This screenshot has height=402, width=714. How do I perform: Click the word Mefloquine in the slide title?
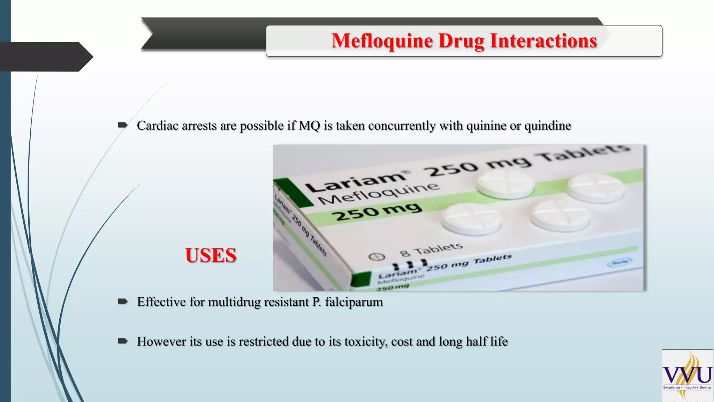382,41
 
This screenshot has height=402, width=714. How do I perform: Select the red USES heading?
211,255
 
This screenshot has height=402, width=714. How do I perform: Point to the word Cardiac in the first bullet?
158,126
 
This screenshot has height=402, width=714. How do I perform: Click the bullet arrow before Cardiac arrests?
123,125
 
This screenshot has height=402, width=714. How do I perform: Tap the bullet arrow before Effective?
123,301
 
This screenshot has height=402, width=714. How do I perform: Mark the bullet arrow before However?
123,341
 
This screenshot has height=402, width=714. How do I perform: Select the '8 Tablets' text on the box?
431,249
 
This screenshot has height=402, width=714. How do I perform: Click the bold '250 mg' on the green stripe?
378,211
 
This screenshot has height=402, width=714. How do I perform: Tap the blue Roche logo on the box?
620,262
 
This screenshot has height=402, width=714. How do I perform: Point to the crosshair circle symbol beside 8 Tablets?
377,257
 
